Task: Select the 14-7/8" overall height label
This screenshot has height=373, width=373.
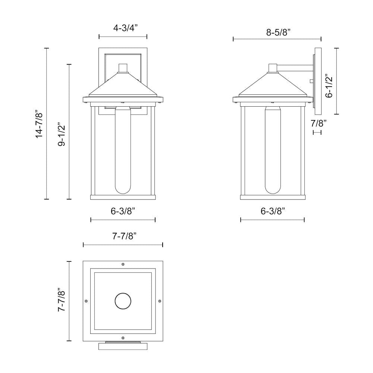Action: tap(39, 124)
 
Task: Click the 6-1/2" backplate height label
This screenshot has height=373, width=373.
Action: tap(329, 86)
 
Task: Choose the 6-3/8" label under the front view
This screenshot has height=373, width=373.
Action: tap(123, 211)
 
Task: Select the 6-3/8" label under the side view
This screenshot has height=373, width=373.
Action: tap(273, 211)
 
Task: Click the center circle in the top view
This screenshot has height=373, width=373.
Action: tap(123, 301)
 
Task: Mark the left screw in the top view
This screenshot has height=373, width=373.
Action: tap(87, 301)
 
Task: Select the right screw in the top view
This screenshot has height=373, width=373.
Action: tap(160, 301)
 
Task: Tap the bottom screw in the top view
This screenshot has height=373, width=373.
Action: tap(123, 338)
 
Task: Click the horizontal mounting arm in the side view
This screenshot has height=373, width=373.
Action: tap(295, 68)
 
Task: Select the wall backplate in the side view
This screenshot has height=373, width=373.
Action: tap(317, 81)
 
